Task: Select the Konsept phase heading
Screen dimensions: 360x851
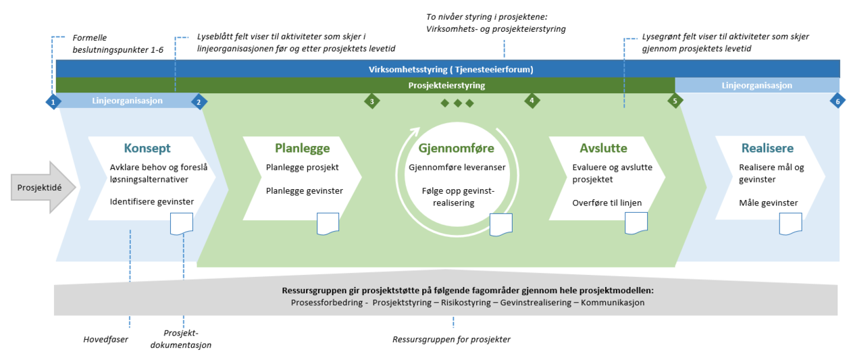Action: pyautogui.click(x=147, y=149)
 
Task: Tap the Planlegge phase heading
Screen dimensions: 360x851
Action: pyautogui.click(x=302, y=149)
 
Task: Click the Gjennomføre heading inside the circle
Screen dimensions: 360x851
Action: pyautogui.click(x=456, y=149)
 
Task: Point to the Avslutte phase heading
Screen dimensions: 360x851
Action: pyautogui.click(x=603, y=149)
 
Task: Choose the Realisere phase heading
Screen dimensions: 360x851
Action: pyautogui.click(x=767, y=149)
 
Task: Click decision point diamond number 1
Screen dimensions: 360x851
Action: pyautogui.click(x=53, y=101)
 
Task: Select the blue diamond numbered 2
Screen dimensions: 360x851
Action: pyautogui.click(x=199, y=101)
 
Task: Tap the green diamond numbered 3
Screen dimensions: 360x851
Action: pyautogui.click(x=371, y=101)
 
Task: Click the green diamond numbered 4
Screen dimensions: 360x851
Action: pyautogui.click(x=532, y=101)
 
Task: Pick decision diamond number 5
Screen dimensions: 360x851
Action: pyautogui.click(x=673, y=101)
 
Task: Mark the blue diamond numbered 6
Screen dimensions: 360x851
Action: pyautogui.click(x=837, y=101)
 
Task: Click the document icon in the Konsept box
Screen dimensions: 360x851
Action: pyautogui.click(x=182, y=224)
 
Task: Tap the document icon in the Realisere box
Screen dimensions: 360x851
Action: pyautogui.click(x=790, y=224)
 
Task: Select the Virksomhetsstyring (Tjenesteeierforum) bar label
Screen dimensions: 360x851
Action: pyautogui.click(x=450, y=69)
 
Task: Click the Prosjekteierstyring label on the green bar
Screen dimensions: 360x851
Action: pyautogui.click(x=446, y=86)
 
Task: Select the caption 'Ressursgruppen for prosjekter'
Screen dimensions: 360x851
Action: pyautogui.click(x=451, y=339)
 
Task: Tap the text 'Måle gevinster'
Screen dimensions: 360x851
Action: pyautogui.click(x=768, y=203)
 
